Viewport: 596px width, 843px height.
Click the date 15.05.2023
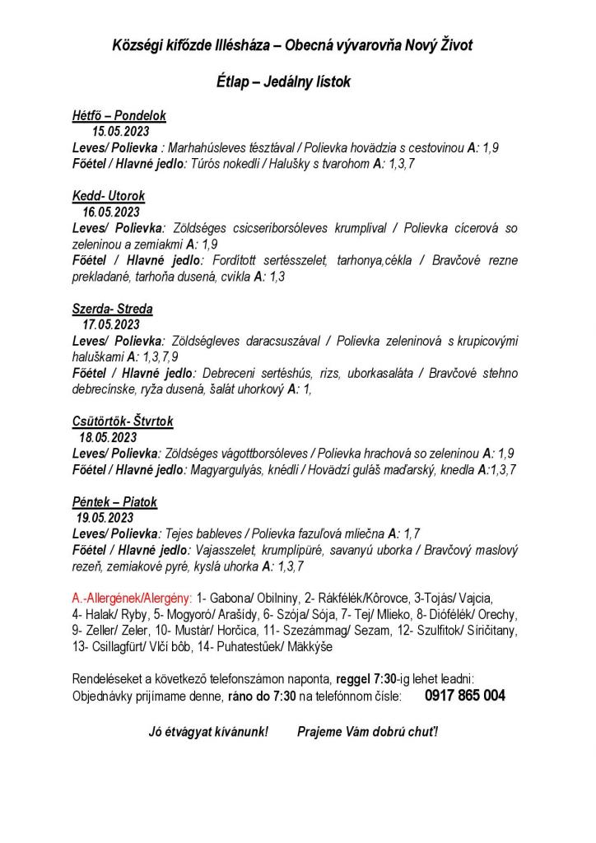119,132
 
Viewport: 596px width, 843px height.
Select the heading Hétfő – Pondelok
119,116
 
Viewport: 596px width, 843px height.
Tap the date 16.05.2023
110,212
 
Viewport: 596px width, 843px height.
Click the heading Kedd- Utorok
108,196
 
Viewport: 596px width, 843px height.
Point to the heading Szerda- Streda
112,309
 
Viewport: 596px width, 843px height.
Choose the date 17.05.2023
110,324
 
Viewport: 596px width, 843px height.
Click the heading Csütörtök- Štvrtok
123,421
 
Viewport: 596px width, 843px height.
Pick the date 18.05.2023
108,437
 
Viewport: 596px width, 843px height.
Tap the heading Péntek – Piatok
114,501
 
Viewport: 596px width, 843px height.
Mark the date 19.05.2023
105,518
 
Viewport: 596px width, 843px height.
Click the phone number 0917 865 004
465,696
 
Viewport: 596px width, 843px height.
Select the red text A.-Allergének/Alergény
133,598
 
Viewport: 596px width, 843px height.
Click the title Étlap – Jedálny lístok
283,82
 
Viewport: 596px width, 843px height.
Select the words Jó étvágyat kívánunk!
208,732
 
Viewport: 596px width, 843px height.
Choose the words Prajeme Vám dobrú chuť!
367,732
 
